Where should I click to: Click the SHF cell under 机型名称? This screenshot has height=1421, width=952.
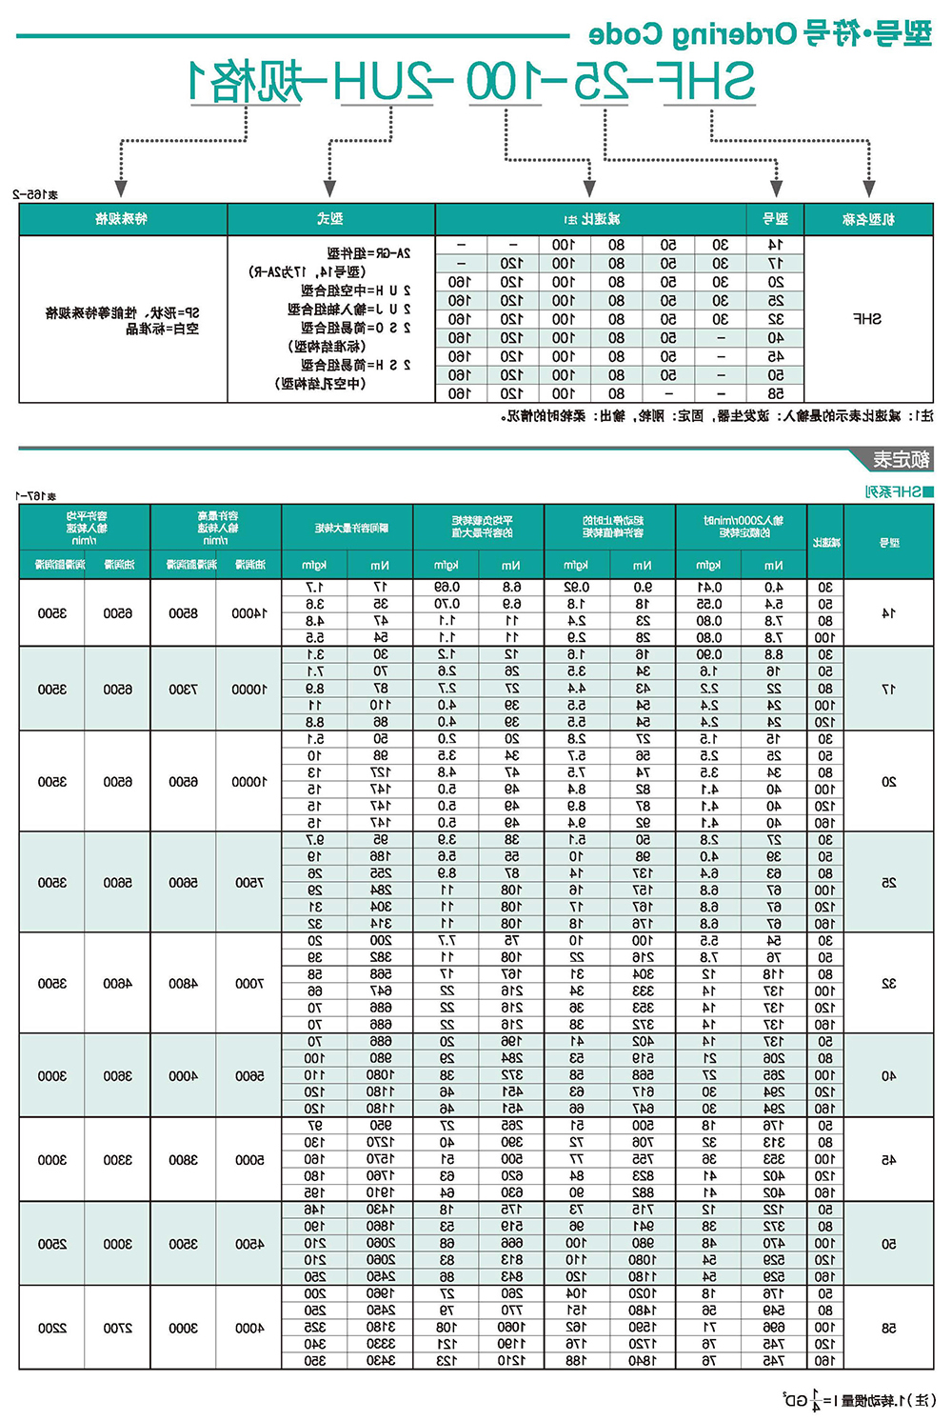click(x=867, y=319)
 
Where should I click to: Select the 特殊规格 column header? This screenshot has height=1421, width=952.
click(x=122, y=219)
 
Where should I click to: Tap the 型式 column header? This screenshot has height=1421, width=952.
click(x=330, y=219)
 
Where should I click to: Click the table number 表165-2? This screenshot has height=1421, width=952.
click(x=36, y=194)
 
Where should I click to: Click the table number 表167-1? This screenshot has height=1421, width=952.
click(x=36, y=495)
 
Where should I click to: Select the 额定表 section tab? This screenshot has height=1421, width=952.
click(x=901, y=460)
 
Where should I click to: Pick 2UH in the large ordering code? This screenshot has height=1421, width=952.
click(x=389, y=82)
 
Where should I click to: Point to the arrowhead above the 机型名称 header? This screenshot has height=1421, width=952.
click(x=868, y=189)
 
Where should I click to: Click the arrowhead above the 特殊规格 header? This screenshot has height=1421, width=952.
click(x=121, y=189)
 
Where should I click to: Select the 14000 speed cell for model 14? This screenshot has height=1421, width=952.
click(x=248, y=613)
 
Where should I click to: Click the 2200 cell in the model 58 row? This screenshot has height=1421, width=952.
click(x=51, y=1328)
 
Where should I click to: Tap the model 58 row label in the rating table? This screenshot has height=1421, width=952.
click(x=888, y=1328)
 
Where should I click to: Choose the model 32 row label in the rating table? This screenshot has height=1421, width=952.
click(x=888, y=983)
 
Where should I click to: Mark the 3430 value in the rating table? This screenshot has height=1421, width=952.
click(x=380, y=1361)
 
